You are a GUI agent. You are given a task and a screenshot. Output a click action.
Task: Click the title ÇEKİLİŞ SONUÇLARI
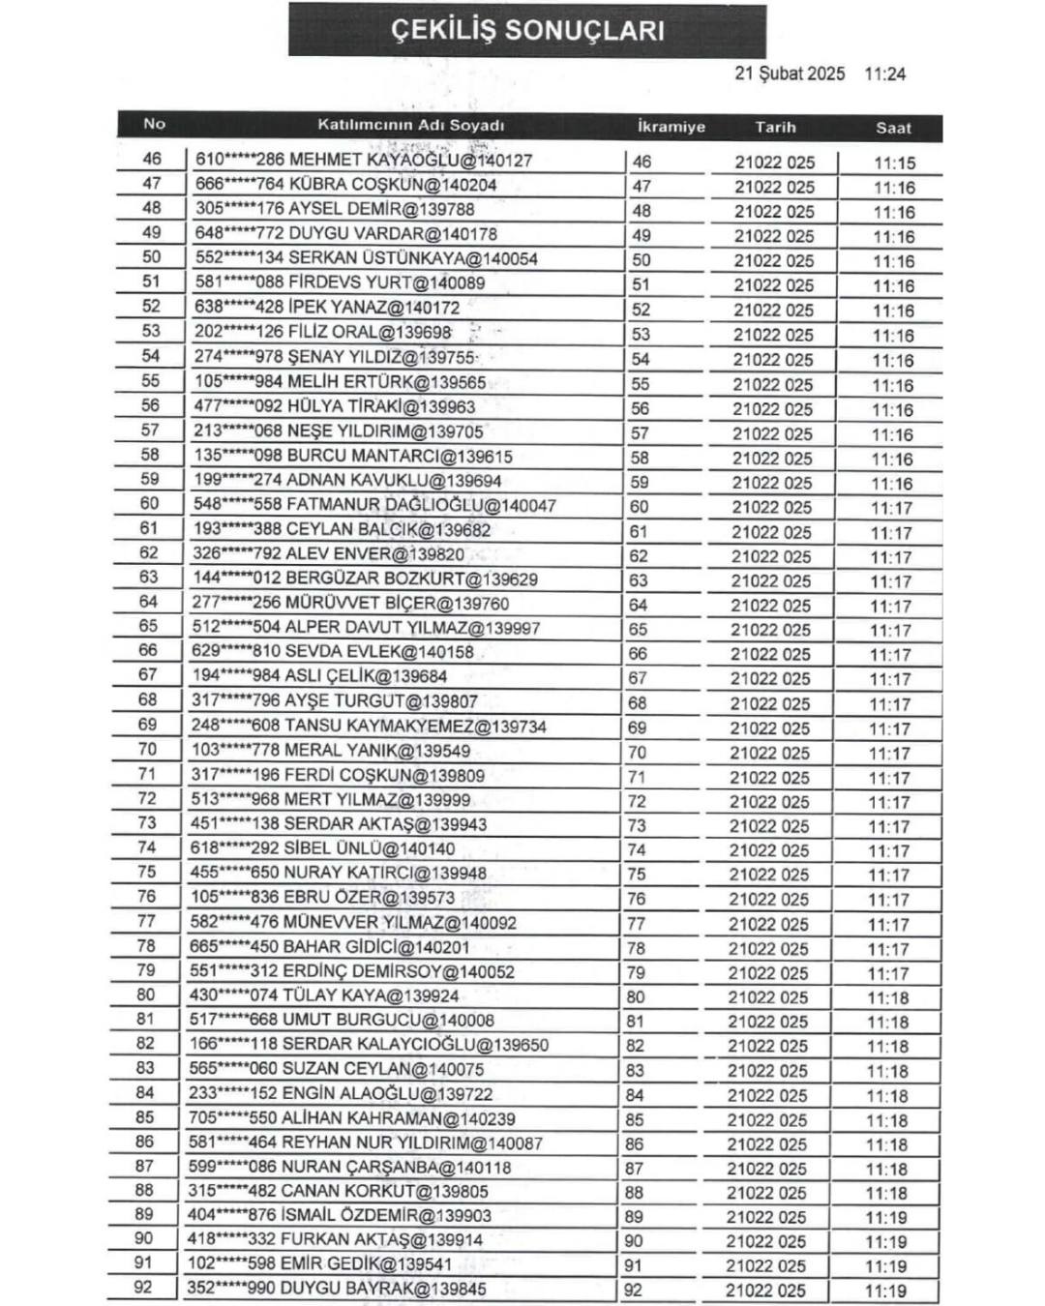tap(527, 30)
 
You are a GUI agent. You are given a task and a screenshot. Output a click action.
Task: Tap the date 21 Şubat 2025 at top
tap(789, 74)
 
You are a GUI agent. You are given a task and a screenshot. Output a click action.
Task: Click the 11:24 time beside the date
tap(884, 74)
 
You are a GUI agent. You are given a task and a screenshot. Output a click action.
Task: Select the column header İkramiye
tap(671, 127)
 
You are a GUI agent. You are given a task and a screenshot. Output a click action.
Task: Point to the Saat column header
tap(893, 128)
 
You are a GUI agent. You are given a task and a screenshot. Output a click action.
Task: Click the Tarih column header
tap(775, 127)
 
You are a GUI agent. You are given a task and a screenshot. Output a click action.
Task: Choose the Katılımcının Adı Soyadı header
tap(410, 125)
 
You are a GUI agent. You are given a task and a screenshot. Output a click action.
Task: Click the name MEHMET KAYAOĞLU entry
tap(364, 160)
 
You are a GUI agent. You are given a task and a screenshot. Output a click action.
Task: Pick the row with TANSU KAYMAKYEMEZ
tap(369, 726)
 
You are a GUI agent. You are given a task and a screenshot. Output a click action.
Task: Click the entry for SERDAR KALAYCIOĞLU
tap(369, 1045)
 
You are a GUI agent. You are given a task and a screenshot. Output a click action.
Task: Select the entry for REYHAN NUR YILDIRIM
tap(365, 1143)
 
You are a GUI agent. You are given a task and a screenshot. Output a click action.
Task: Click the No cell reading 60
tap(149, 503)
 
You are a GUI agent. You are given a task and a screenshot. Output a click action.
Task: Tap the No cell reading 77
tap(146, 921)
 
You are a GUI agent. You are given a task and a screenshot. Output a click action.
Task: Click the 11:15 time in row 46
tap(894, 163)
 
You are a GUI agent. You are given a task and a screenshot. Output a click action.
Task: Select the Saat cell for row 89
tap(886, 1218)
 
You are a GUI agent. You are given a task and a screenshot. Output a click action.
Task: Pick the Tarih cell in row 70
tap(769, 753)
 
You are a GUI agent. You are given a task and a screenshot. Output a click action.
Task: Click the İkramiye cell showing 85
tap(635, 1120)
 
